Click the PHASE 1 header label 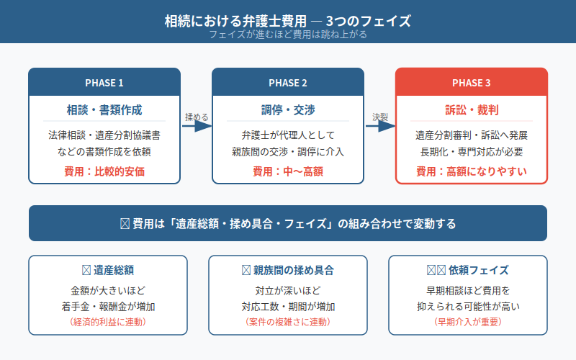(104, 83)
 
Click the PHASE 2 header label (288, 83)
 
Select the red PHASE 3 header (472, 83)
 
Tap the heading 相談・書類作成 (104, 110)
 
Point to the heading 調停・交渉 (288, 110)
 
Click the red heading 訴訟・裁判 (472, 110)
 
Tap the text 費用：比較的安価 (104, 171)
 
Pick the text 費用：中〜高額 (288, 171)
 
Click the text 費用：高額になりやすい (472, 171)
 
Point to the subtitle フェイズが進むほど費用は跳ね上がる (288, 35)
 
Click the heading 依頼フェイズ (475, 270)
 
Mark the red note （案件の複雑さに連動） (288, 321)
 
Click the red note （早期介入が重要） (472, 321)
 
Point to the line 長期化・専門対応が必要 (472, 151)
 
